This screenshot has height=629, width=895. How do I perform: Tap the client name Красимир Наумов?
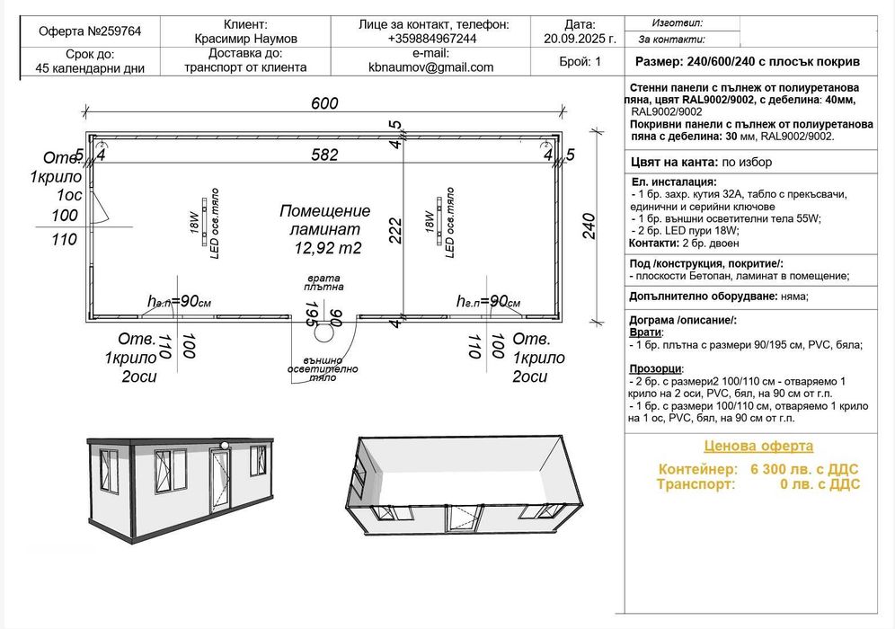(x=244, y=40)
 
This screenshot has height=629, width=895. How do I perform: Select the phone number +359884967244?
(x=432, y=40)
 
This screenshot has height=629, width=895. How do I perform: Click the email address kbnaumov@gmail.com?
(x=431, y=67)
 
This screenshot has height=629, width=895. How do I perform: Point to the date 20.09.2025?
(x=580, y=40)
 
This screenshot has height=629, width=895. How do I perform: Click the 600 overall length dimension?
(x=324, y=103)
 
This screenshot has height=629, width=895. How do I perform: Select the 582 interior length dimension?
(x=324, y=155)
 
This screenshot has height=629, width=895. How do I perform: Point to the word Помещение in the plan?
(x=324, y=211)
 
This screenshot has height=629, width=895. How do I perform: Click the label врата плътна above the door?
(x=323, y=283)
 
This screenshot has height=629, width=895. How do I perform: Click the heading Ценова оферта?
(x=758, y=447)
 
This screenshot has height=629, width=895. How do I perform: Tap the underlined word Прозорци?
(x=656, y=368)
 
